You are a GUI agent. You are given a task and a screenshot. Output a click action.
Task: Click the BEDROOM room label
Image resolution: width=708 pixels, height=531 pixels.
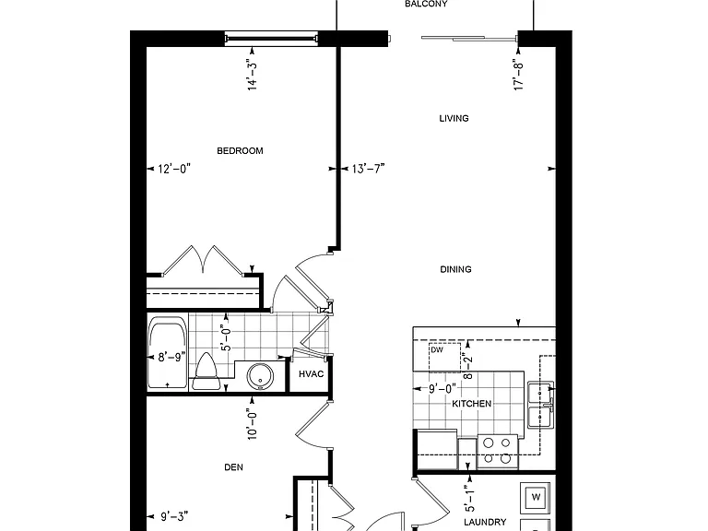[x=240, y=151]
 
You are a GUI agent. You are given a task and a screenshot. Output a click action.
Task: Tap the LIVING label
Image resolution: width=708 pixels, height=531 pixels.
[x=454, y=118]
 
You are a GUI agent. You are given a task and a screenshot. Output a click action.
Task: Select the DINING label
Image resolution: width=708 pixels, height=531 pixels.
[x=455, y=269]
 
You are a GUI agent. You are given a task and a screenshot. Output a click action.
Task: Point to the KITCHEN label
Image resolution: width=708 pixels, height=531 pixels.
[x=472, y=404]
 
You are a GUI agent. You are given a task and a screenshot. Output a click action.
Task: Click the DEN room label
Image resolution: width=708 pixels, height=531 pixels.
[x=233, y=467]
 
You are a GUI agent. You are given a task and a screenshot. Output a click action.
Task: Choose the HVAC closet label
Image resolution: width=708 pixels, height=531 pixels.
[x=311, y=374]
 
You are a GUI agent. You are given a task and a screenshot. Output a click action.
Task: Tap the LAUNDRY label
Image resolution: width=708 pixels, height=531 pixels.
[x=485, y=522]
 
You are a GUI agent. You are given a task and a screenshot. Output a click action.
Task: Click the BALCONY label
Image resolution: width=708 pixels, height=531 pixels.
[x=426, y=4]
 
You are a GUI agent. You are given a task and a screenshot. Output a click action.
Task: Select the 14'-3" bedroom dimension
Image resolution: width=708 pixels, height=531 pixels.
[x=252, y=75]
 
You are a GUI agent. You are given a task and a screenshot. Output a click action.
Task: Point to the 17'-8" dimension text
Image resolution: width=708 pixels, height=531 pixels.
[x=518, y=75]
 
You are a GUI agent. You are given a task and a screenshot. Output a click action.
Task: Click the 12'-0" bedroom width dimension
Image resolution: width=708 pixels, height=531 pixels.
[x=174, y=169]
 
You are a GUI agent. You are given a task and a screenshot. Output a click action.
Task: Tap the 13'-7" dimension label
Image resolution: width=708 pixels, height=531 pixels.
[x=368, y=169]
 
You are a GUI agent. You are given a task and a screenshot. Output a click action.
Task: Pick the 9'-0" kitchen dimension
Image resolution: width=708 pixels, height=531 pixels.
[x=442, y=388]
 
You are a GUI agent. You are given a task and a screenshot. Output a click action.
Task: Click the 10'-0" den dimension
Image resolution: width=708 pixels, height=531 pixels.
[x=252, y=424]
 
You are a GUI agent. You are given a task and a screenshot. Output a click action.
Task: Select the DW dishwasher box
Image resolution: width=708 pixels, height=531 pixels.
[x=444, y=357]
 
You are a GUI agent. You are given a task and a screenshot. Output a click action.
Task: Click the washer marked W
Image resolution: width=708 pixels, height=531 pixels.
[x=536, y=498]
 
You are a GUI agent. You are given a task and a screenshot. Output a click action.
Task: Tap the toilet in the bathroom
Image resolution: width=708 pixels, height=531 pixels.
[x=205, y=372]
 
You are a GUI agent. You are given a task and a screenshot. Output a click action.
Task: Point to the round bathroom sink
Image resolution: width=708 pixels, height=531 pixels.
[x=260, y=376]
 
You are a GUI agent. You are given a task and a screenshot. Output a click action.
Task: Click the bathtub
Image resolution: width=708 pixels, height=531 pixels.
[x=168, y=352]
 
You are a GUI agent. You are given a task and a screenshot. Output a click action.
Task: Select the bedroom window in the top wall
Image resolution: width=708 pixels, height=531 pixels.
[x=271, y=39]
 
